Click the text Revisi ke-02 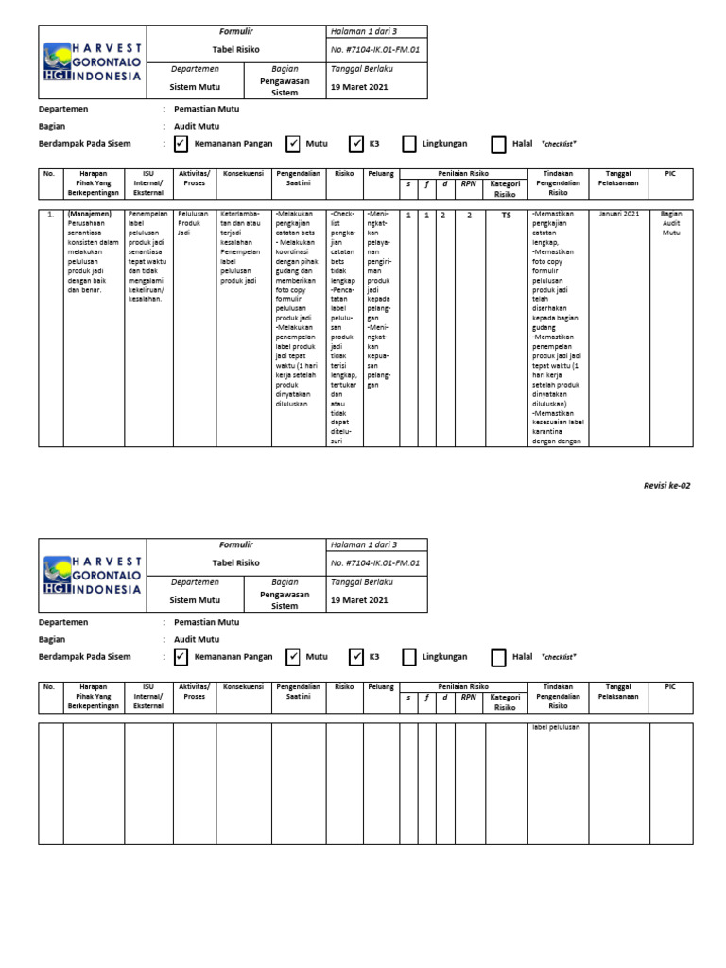point(666,485)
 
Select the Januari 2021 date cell point(618,215)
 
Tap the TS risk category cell point(505,216)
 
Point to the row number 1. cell point(50,215)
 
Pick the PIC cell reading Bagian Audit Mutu point(671,223)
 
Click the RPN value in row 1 point(468,216)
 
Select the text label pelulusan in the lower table point(556,727)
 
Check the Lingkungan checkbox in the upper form point(409,144)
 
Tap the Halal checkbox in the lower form point(498,657)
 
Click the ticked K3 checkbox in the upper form point(356,144)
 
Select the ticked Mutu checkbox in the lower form point(293,657)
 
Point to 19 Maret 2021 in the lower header point(359,600)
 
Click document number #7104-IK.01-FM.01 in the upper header point(375,49)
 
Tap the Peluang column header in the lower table point(381,686)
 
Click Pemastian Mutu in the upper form point(205,109)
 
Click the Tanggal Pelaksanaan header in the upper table point(618,178)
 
